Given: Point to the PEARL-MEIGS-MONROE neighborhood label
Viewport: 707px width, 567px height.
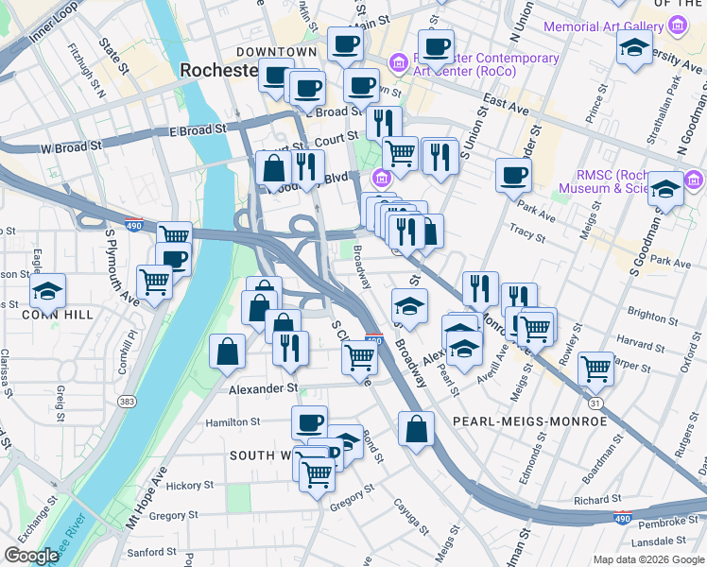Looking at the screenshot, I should point(529,421).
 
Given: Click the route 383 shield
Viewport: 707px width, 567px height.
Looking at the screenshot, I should point(126,402).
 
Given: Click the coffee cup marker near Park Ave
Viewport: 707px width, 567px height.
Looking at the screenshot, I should point(513,175).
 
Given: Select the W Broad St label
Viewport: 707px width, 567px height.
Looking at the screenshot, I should point(70,146).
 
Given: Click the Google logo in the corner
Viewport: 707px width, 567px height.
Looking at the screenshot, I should point(32,556).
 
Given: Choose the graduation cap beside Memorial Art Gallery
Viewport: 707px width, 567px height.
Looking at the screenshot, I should point(635,47).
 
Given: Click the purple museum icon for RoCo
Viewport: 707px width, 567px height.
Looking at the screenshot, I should point(397,63).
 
